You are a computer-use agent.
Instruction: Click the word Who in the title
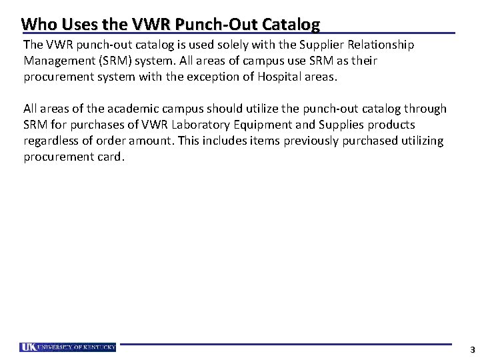pyautogui.click(x=37, y=25)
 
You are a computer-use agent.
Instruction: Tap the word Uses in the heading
pyautogui.click(x=75, y=25)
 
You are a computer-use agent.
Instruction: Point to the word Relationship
pyautogui.click(x=381, y=45)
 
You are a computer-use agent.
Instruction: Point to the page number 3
pyautogui.click(x=472, y=349)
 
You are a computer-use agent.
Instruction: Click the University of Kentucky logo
pyautogui.click(x=67, y=347)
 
